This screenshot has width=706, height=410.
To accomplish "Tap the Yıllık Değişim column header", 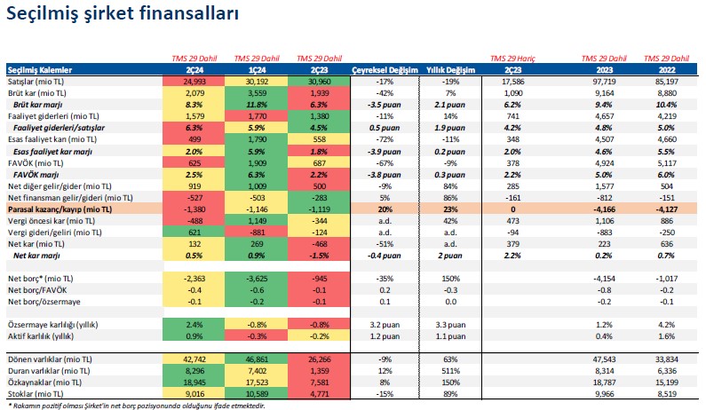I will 451,68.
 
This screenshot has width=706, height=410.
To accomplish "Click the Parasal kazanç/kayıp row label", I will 61,207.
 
